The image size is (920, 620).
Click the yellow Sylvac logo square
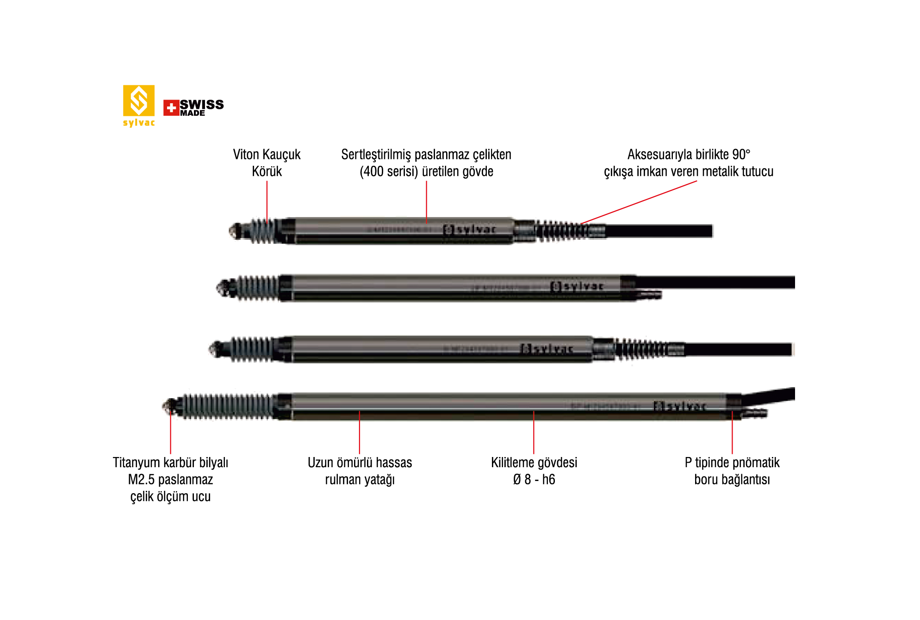(x=138, y=100)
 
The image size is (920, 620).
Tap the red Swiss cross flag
(x=171, y=108)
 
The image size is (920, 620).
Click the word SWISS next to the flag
(x=202, y=104)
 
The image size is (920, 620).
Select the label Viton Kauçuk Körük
(x=267, y=163)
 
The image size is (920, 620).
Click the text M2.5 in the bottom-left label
(x=141, y=479)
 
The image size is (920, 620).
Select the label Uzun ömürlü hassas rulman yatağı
(x=360, y=471)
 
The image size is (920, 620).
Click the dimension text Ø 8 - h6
(x=534, y=479)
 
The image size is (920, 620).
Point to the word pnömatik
(x=757, y=463)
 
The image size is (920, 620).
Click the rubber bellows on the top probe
(x=265, y=231)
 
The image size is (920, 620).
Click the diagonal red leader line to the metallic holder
(x=639, y=202)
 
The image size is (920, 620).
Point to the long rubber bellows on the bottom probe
(x=227, y=406)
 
